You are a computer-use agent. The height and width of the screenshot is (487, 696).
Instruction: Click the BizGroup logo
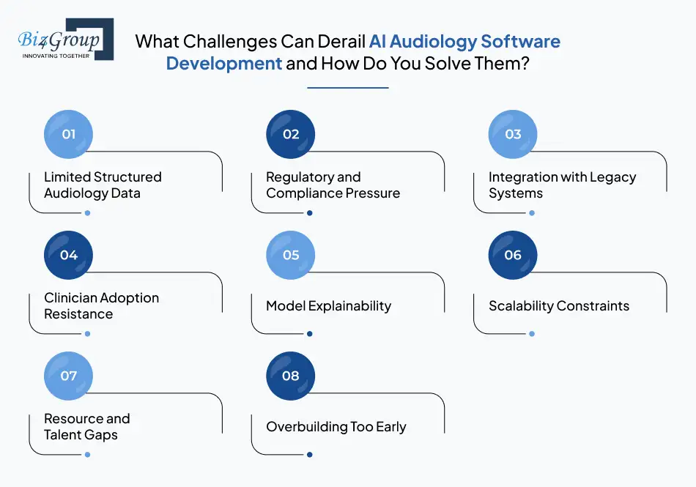65,39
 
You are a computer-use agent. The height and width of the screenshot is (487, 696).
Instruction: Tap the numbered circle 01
69,134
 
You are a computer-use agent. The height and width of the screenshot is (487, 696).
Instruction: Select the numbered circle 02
291,134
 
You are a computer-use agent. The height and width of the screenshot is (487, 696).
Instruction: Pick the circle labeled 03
513,134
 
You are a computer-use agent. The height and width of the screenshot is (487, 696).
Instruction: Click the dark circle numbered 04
69,255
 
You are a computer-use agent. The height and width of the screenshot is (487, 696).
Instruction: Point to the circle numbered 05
291,255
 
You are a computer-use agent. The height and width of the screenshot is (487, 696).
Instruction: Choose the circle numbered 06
513,255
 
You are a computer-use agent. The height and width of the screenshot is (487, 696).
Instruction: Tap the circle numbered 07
69,376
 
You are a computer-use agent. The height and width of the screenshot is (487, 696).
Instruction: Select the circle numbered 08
291,376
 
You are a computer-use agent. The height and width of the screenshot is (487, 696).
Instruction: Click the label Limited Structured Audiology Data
103,185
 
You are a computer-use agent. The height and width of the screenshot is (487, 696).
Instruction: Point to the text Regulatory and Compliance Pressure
333,185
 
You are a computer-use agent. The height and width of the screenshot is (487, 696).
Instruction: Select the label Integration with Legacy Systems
562,185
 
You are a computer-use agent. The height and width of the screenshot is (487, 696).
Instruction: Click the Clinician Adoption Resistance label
101,306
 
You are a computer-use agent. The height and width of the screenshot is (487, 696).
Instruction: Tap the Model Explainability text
328,306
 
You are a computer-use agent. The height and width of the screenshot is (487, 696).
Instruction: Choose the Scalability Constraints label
558,306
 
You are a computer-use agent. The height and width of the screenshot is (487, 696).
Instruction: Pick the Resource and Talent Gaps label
86,427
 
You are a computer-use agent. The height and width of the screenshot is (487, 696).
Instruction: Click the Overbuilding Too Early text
336,427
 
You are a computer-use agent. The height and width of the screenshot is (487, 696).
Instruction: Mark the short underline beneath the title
347,88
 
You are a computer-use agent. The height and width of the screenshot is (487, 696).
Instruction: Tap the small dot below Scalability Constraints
532,334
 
